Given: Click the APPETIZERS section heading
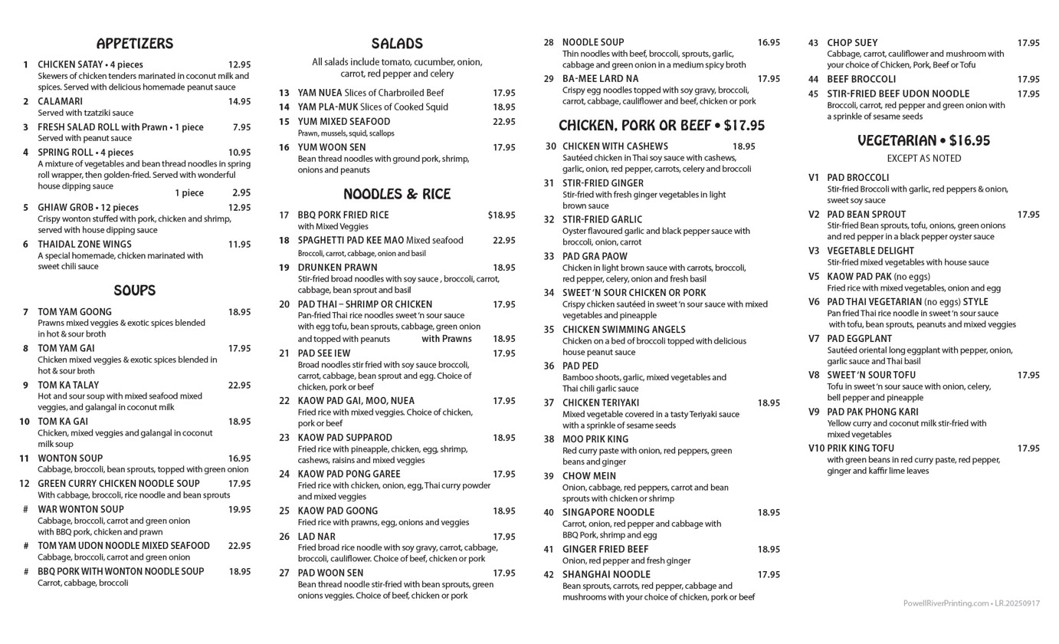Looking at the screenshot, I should [x=135, y=44].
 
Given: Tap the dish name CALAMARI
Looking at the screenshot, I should [x=60, y=101].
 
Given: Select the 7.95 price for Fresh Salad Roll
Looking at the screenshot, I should [x=241, y=127].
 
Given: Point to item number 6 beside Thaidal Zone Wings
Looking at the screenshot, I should [x=25, y=245].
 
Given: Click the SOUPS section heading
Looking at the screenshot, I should [x=135, y=291].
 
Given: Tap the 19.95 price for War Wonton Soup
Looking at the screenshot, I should [x=239, y=509].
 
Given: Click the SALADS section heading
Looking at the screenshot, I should [x=397, y=44].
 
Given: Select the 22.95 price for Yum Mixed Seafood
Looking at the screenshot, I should [x=503, y=122].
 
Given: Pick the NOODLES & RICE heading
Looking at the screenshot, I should [x=397, y=194].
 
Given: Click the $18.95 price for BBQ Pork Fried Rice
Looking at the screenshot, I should [x=501, y=215].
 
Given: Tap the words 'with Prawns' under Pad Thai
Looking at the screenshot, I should [x=447, y=339].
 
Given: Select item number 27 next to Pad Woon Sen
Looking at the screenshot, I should [x=284, y=573].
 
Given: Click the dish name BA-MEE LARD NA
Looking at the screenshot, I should [x=600, y=79].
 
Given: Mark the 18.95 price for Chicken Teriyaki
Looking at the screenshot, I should [x=769, y=402].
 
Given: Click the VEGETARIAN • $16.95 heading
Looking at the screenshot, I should [x=923, y=141].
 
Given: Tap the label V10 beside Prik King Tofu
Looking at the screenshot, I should [x=815, y=449].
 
